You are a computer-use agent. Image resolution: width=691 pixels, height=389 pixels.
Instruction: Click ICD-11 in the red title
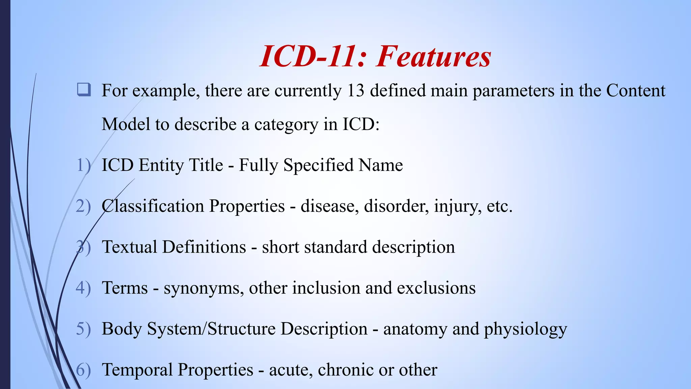pyautogui.click(x=307, y=56)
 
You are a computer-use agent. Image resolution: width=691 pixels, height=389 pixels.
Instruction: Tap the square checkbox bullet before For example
pyautogui.click(x=84, y=90)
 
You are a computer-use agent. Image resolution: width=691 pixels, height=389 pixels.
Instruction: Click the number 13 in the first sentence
pyautogui.click(x=355, y=90)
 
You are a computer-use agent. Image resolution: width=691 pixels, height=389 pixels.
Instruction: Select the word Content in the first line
pyautogui.click(x=636, y=90)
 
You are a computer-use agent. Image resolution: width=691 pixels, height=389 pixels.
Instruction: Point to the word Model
pyautogui.click(x=126, y=124)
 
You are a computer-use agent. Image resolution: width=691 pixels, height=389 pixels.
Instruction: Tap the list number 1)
pyautogui.click(x=83, y=165)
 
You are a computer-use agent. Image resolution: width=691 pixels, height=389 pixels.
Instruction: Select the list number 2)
pyautogui.click(x=83, y=206)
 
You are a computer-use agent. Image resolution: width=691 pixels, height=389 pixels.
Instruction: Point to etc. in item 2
pyautogui.click(x=500, y=206)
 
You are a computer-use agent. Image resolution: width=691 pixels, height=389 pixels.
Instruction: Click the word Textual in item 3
pyautogui.click(x=129, y=247)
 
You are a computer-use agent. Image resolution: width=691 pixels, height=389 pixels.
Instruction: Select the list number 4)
pyautogui.click(x=83, y=288)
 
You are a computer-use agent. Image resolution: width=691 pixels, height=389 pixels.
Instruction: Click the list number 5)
pyautogui.click(x=83, y=329)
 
